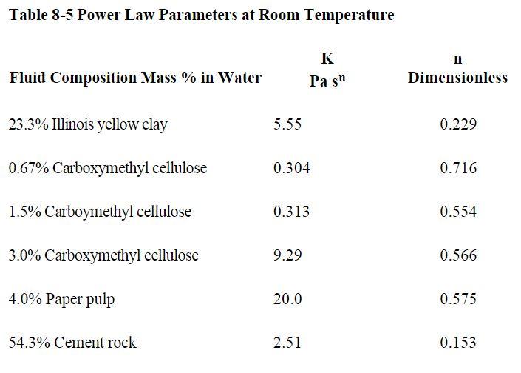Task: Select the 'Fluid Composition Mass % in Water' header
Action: [x=135, y=78]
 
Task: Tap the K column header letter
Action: [x=327, y=59]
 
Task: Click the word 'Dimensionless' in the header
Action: [x=457, y=78]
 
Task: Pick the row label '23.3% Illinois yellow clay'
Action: [x=88, y=124]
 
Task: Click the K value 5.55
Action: [x=287, y=124]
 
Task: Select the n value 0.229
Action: [x=458, y=124]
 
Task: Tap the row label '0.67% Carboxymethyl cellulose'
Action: [x=108, y=168]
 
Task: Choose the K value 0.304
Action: [x=291, y=168]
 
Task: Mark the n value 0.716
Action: [x=458, y=168]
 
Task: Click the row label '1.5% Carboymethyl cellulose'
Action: [x=100, y=212]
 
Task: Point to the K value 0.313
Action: [x=291, y=212]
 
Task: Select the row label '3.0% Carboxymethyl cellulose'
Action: [x=103, y=255]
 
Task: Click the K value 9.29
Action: [x=287, y=255]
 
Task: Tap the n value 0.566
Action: [x=458, y=255]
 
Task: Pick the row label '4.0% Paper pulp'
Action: [x=61, y=299]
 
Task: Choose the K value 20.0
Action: [x=287, y=299]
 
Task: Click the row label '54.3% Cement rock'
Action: [x=72, y=343]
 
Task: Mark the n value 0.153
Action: [x=458, y=343]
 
